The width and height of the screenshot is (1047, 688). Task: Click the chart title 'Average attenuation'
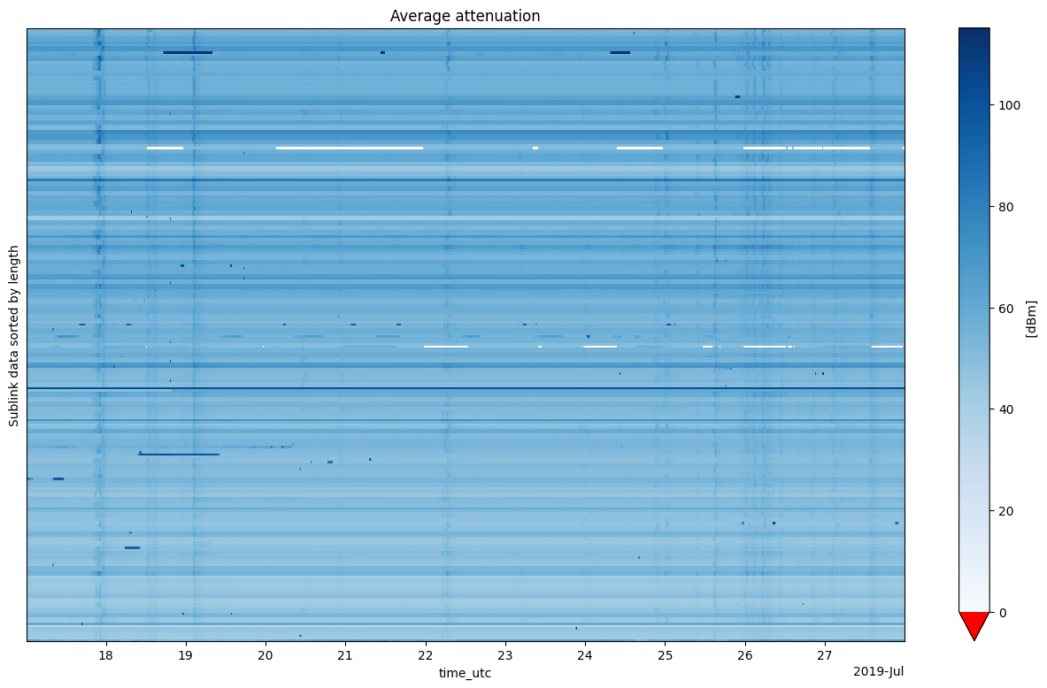point(465,16)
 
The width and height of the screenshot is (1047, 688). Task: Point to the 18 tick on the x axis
point(105,655)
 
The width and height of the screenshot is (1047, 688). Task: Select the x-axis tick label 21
point(345,655)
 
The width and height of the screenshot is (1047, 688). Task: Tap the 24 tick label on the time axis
point(585,655)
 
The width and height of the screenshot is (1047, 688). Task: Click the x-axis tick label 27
point(825,655)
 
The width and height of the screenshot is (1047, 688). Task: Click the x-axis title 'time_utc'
point(465,674)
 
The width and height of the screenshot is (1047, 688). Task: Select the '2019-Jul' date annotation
point(878,672)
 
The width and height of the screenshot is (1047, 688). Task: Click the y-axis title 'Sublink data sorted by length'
point(14,334)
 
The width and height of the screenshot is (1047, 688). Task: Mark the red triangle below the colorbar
point(974,624)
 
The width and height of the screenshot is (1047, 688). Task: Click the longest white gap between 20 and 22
point(349,148)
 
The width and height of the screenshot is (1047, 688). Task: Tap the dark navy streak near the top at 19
point(188,52)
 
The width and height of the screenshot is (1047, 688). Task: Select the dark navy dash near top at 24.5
point(620,52)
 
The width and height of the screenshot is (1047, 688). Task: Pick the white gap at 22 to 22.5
point(446,347)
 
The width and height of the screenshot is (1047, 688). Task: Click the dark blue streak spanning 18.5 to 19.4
point(180,455)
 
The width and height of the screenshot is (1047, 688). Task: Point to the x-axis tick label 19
point(185,655)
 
